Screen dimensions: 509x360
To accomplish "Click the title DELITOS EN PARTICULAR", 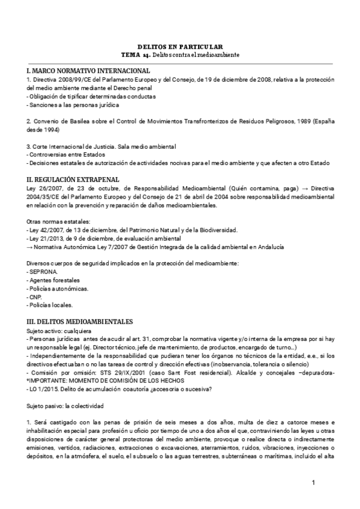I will pyautogui.click(x=180, y=46).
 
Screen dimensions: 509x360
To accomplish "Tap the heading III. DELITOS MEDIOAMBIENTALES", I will pyautogui.click(x=80, y=321).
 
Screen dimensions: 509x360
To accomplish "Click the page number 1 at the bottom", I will pyautogui.click(x=313, y=483).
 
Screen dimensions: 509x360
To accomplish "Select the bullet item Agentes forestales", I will pyautogui.click(x=53, y=280).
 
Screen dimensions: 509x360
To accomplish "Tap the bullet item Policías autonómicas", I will pyautogui.click(x=58, y=289).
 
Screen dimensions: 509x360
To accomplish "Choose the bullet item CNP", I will pyautogui.click(x=36, y=297).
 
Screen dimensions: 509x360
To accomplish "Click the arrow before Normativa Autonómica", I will pyautogui.click(x=30, y=247).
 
